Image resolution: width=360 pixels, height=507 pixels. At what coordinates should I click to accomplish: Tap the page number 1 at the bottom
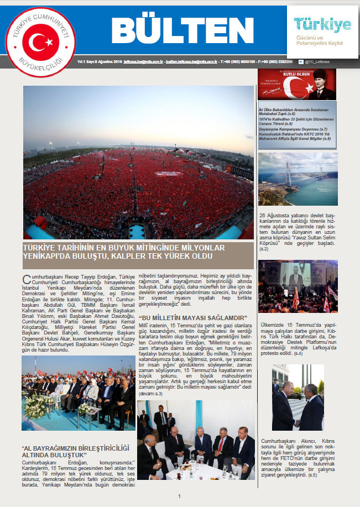pos(179,496)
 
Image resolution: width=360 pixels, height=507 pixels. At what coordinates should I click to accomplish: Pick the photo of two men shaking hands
pos(298,398)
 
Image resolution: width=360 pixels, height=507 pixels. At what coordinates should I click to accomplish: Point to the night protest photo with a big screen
pos(298,286)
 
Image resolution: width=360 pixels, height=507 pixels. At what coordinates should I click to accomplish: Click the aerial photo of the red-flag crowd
pos(138,163)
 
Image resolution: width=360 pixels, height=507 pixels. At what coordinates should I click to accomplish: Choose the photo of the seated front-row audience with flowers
pos(77,394)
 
